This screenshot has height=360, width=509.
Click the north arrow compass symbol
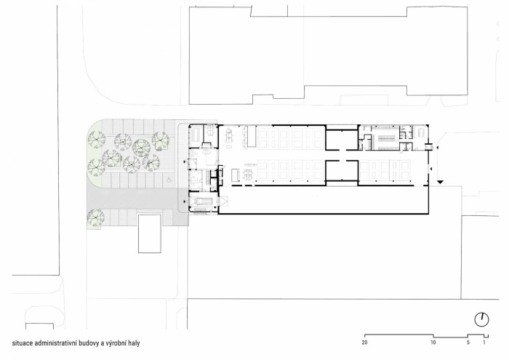[481, 319]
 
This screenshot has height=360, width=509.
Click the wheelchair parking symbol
[168, 176]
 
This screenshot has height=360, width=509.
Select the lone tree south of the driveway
[94, 216]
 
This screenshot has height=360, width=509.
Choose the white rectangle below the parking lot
[149, 233]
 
